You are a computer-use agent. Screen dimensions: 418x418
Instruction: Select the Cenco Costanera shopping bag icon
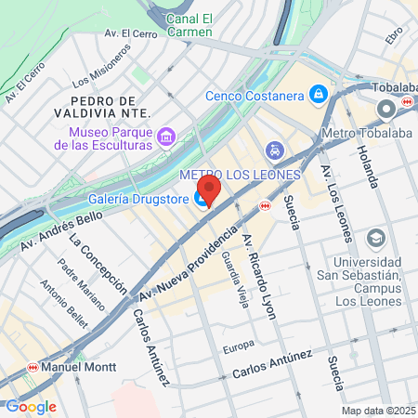[x=319, y=94]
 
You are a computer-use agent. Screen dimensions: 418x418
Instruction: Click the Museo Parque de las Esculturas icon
[x=166, y=137]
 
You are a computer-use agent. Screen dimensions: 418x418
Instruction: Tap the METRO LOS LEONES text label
[x=240, y=175]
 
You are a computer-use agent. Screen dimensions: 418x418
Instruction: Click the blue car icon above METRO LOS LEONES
[x=274, y=150]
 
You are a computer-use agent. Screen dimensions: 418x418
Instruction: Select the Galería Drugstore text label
[x=138, y=198]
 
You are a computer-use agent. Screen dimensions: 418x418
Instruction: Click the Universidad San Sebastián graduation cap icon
[x=376, y=239]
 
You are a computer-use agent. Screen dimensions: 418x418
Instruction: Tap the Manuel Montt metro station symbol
[x=34, y=366]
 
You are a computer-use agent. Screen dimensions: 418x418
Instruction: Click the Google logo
[x=31, y=406]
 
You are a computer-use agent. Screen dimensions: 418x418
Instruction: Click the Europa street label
[x=238, y=347]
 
